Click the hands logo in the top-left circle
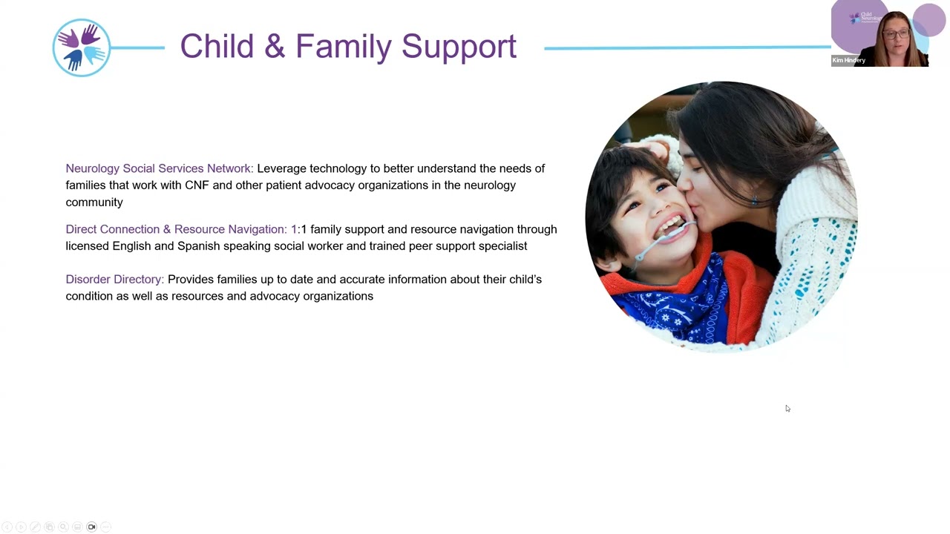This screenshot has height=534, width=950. coord(82,48)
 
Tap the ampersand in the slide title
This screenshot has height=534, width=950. coord(274,46)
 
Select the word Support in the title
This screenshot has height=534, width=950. coord(459,47)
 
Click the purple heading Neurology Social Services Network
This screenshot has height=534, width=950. coord(159,168)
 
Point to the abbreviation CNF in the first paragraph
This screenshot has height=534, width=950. coord(197,185)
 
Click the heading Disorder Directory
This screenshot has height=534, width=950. coord(114,280)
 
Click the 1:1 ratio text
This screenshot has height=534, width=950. coord(298,229)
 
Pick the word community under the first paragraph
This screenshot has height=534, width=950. coord(94,202)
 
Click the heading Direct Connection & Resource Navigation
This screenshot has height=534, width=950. coord(176,229)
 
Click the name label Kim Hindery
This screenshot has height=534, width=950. coord(849,60)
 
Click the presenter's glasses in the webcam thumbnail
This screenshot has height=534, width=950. coord(896,34)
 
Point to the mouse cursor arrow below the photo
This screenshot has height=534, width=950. coord(787,408)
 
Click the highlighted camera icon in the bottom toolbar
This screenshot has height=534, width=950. coord(92,527)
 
